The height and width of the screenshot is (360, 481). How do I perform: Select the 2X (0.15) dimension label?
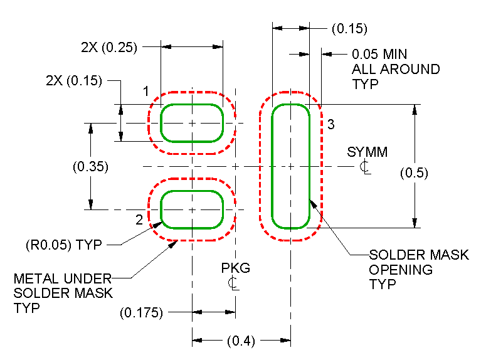tap(74, 81)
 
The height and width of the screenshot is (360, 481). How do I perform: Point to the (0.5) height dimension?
tap(414, 173)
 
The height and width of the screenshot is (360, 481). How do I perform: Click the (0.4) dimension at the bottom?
tap(241, 341)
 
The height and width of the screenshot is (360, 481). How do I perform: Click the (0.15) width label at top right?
tap(349, 29)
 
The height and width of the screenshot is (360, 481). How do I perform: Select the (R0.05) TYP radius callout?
tap(63, 245)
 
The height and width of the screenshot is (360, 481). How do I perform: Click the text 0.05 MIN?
tap(379, 55)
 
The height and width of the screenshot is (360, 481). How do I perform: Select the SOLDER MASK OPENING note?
tap(418, 269)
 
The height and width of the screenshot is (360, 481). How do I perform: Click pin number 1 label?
tap(145, 92)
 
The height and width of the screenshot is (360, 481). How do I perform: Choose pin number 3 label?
tap(331, 124)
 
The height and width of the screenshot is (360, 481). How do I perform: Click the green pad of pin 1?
tap(193, 124)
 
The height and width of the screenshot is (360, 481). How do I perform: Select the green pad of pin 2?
tap(193, 209)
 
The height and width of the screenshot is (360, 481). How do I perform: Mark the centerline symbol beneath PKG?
tap(233, 283)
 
